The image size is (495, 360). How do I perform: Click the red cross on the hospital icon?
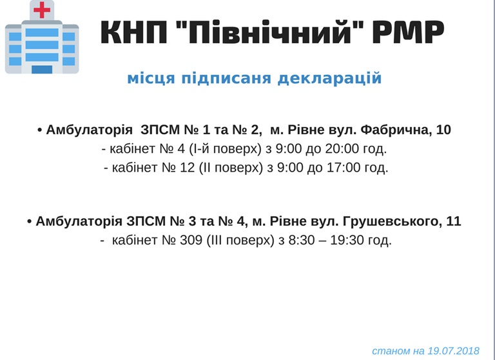(x=42, y=10)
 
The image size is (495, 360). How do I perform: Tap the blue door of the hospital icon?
(x=42, y=69)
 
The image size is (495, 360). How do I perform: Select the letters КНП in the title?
(x=134, y=32)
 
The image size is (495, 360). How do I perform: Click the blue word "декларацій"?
(x=329, y=78)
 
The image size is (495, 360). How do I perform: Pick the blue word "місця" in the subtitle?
(x=151, y=79)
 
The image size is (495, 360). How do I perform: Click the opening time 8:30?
(x=302, y=240)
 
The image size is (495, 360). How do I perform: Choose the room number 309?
(x=191, y=240)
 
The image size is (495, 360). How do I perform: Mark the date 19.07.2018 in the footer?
(x=454, y=351)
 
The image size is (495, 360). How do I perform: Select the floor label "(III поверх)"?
(x=240, y=241)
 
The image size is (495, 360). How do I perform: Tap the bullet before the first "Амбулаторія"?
(x=40, y=130)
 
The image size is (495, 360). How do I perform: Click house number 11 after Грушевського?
(x=454, y=221)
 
